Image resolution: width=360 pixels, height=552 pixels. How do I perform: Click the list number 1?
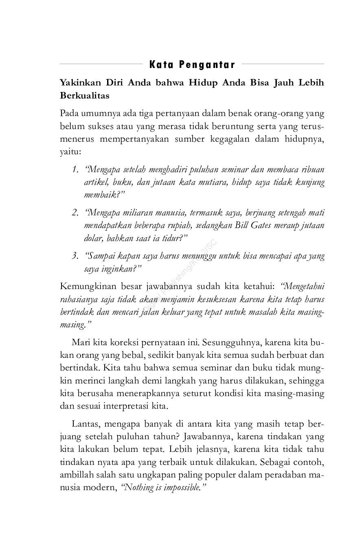(75, 169)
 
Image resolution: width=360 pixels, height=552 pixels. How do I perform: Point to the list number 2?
(75, 213)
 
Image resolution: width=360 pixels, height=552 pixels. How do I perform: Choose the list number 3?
(75, 256)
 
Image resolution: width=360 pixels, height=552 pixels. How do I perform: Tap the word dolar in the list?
(92, 238)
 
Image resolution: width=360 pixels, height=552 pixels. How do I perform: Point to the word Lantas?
(85, 424)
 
